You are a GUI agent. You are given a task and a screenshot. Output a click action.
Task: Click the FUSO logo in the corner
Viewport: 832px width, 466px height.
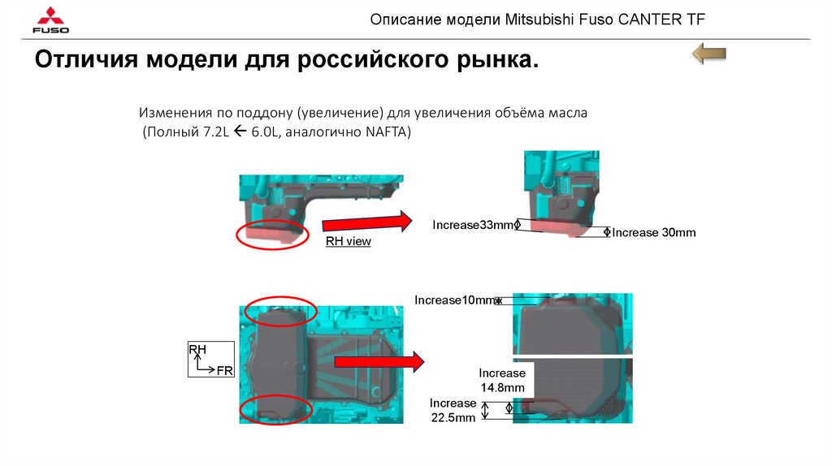pos(50,20)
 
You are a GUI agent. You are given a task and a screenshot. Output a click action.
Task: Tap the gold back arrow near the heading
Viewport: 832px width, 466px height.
pos(708,54)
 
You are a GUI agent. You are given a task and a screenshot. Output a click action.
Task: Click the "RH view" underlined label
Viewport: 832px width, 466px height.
pos(348,241)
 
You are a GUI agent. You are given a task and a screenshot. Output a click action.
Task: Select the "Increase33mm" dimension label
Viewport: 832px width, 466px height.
pos(473,225)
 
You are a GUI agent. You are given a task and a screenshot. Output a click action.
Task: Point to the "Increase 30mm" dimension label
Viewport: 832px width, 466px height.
pos(654,232)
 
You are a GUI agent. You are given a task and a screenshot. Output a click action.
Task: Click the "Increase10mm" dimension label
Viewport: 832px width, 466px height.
pos(455,300)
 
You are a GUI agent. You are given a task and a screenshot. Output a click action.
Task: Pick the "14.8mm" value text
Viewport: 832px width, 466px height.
pos(502,387)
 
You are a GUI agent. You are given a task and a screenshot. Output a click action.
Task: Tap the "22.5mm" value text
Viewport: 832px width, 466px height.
pos(453,418)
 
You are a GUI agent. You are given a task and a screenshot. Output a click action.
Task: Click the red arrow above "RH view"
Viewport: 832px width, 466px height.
pos(366,222)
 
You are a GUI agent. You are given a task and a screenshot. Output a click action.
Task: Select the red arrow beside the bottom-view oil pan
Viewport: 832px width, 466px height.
pos(379,361)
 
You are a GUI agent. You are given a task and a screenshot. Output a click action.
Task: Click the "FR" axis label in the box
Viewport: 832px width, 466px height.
pos(224,370)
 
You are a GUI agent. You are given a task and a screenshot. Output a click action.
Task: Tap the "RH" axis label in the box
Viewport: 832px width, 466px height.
pos(197,349)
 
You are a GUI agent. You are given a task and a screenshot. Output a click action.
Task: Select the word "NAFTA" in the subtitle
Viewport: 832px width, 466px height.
pos(386,132)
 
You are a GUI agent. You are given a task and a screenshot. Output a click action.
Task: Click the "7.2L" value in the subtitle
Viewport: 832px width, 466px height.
pos(216,132)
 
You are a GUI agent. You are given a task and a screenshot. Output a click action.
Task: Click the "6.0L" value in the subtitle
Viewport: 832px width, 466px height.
pos(265,132)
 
